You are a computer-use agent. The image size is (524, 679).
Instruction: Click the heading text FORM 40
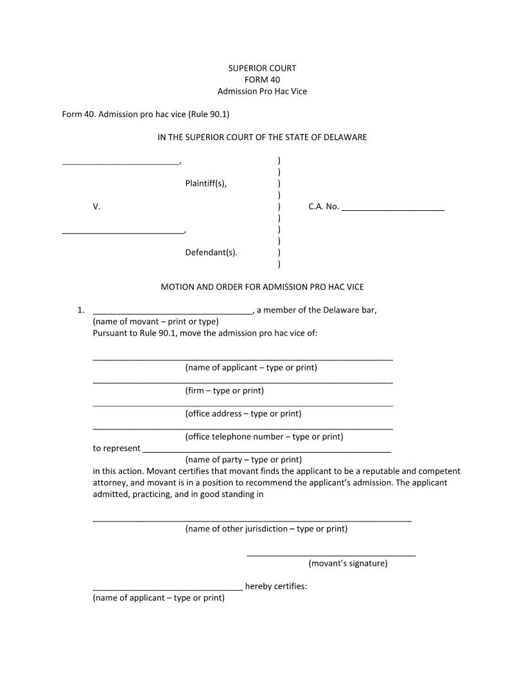tap(262, 80)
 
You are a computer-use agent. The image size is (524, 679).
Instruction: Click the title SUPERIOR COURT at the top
tap(262, 68)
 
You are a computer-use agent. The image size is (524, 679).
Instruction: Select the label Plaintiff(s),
tap(205, 183)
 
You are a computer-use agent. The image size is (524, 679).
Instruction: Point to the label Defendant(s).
tap(211, 253)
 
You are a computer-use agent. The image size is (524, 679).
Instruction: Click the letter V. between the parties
tap(96, 206)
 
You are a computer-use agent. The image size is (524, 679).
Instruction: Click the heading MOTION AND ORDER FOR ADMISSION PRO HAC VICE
tap(262, 287)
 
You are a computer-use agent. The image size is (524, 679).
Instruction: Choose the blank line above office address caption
tap(243, 405)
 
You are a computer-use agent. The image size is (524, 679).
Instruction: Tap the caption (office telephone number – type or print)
tap(264, 437)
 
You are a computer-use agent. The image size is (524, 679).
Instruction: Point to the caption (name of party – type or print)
tap(243, 460)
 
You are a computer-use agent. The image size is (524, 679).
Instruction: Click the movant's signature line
tap(331, 554)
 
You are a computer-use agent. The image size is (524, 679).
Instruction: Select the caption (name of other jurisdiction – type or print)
tap(266, 529)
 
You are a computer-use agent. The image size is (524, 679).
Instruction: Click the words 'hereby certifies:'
tap(276, 586)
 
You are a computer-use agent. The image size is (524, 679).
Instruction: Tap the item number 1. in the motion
tap(81, 311)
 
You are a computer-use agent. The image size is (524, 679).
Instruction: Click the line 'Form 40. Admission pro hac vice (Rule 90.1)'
tap(146, 114)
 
